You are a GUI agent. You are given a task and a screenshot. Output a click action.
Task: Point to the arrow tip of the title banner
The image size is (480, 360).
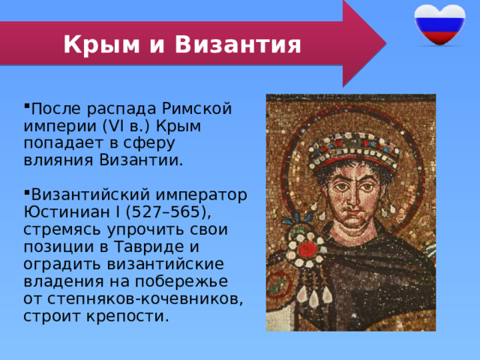(x=380, y=43)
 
